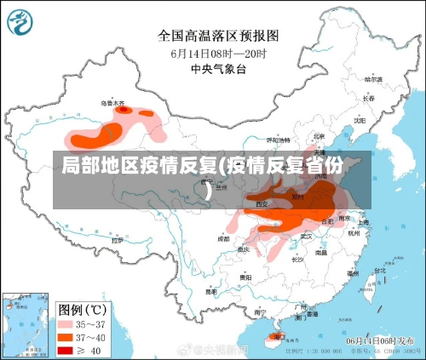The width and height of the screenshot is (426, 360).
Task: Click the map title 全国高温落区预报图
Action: (218, 36)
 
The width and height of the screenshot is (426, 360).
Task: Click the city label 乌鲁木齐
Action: (113, 103)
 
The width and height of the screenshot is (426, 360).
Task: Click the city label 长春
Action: (369, 98)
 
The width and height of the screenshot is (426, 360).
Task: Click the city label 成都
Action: (223, 239)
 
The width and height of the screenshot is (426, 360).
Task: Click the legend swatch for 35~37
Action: (66, 325)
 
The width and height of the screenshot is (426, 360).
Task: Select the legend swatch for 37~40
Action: (66, 338)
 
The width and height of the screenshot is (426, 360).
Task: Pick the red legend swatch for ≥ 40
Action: (66, 350)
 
